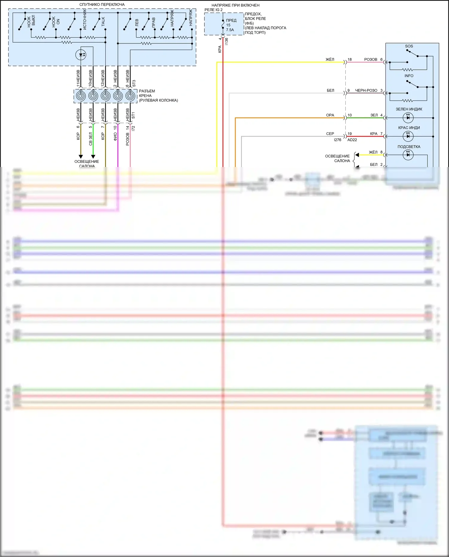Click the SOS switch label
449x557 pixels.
pyautogui.click(x=409, y=46)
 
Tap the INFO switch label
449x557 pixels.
pyautogui.click(x=409, y=76)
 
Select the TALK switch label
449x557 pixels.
pyautogui.click(x=103, y=22)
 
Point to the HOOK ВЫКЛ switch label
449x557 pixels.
pyautogui.click(x=31, y=21)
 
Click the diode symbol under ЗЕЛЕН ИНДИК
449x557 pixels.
pyautogui.click(x=408, y=118)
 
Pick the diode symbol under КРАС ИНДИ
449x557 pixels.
pyautogui.click(x=408, y=136)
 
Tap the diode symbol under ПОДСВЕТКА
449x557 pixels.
pyautogui.click(x=408, y=155)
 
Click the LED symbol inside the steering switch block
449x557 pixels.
pyautogui.click(x=81, y=55)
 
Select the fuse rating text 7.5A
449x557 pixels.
pyautogui.click(x=230, y=30)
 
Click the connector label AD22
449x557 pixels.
pyautogui.click(x=352, y=140)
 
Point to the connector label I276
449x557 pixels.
pyautogui.click(x=337, y=140)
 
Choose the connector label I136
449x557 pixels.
pyautogui.click(x=227, y=42)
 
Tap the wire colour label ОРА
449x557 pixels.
pyautogui.click(x=330, y=115)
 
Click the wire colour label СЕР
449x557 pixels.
pyautogui.click(x=330, y=134)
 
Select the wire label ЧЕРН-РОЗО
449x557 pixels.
pyautogui.click(x=366, y=90)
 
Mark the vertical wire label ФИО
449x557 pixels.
pyautogui.click(x=115, y=137)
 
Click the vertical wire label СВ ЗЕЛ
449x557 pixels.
pyautogui.click(x=91, y=139)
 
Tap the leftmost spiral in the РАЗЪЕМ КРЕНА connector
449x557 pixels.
pyautogui.click(x=81, y=96)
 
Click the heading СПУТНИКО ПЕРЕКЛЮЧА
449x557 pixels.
pyautogui.click(x=102, y=5)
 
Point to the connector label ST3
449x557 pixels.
pyautogui.click(x=134, y=83)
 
